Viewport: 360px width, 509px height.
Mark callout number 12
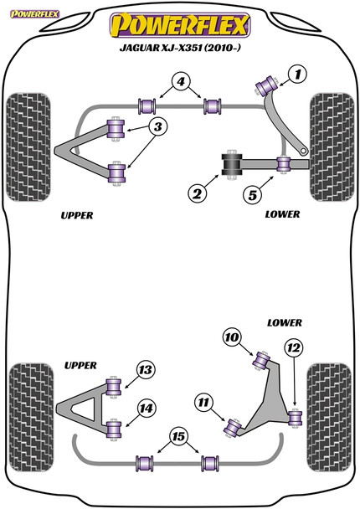(292, 347)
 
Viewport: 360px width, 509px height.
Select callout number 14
(146, 409)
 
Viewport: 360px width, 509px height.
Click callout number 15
(178, 435)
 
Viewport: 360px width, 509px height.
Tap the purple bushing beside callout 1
(271, 84)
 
